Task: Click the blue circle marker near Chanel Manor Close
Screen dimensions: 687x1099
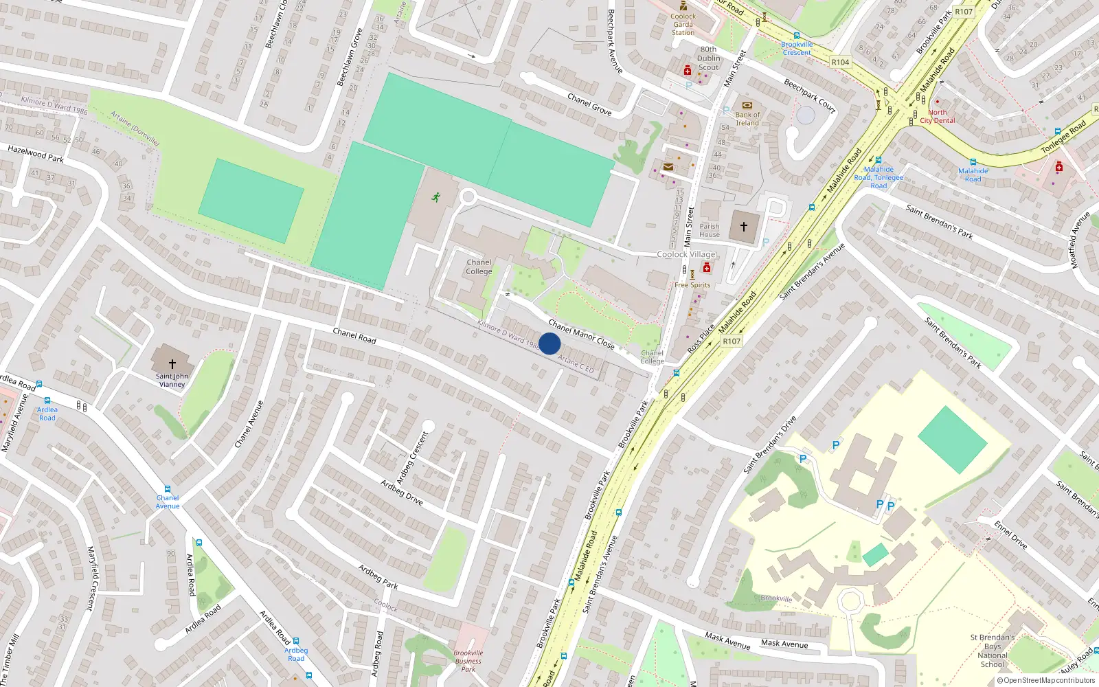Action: pyautogui.click(x=549, y=343)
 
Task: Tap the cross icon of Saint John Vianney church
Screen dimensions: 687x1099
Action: pyautogui.click(x=172, y=363)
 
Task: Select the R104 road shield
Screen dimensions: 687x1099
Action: pyautogui.click(x=840, y=62)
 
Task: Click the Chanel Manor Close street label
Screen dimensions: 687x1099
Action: pyautogui.click(x=581, y=335)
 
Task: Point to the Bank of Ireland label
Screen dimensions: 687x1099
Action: pyautogui.click(x=747, y=119)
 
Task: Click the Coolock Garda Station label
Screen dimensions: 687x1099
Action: pyautogui.click(x=683, y=24)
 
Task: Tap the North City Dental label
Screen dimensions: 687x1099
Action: pyautogui.click(x=938, y=116)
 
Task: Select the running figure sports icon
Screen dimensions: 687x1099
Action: pyautogui.click(x=435, y=198)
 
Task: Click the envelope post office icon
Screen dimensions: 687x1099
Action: pyautogui.click(x=668, y=167)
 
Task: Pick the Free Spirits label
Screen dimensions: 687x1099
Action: pyautogui.click(x=692, y=285)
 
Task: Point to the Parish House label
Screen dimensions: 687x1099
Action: pyautogui.click(x=710, y=230)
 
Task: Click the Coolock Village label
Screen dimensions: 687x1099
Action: pyautogui.click(x=686, y=254)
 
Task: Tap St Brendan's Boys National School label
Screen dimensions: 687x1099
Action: pyautogui.click(x=993, y=651)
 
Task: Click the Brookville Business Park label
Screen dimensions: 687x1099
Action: pyautogui.click(x=468, y=661)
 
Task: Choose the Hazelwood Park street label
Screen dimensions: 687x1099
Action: pyautogui.click(x=36, y=154)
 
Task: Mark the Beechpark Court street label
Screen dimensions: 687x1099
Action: pyautogui.click(x=810, y=95)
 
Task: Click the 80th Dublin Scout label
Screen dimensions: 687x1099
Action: pyautogui.click(x=709, y=58)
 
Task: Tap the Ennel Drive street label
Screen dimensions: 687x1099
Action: pyautogui.click(x=1010, y=534)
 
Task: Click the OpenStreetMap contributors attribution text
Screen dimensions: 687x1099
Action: pyautogui.click(x=1045, y=680)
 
